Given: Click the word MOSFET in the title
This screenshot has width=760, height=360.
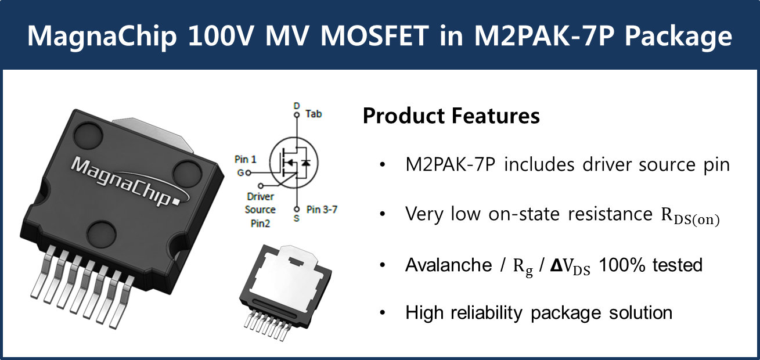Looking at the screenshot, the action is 374,35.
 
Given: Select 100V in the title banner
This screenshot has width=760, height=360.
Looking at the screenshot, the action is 221,35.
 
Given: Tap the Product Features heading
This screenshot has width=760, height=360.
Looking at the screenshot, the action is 451,116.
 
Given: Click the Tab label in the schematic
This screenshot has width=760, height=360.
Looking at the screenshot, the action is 313,114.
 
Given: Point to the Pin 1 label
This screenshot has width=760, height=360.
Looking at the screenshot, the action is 246,159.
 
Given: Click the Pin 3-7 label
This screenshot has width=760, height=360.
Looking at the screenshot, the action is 322,210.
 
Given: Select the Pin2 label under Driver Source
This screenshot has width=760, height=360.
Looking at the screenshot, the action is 260,224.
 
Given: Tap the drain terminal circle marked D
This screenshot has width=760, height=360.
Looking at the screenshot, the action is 297,115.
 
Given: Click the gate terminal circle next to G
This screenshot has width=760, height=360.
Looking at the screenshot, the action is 248,173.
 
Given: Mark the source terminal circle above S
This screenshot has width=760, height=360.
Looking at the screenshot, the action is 297,210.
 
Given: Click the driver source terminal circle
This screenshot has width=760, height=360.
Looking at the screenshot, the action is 261,186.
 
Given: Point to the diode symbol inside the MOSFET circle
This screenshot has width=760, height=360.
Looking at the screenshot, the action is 306,163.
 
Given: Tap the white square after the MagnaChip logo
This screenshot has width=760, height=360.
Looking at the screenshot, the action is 176,203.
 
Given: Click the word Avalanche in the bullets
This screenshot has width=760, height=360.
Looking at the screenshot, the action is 449,265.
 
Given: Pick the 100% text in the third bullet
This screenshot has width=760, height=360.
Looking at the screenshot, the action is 622,265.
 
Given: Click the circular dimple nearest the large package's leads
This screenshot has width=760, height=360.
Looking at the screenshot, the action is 101,234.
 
